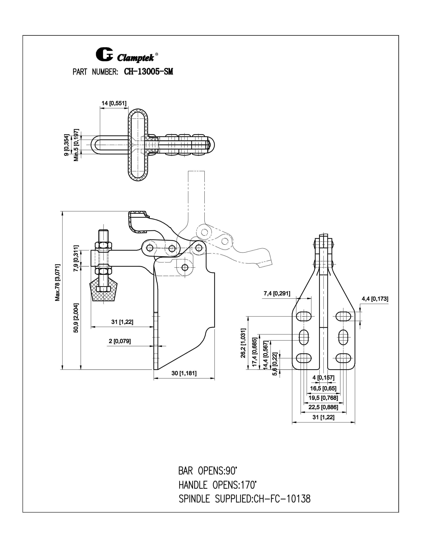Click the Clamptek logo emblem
tap(104, 54)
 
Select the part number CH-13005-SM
tap(148, 72)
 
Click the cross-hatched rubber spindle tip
tap(103, 291)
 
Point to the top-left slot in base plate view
tap(304, 316)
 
